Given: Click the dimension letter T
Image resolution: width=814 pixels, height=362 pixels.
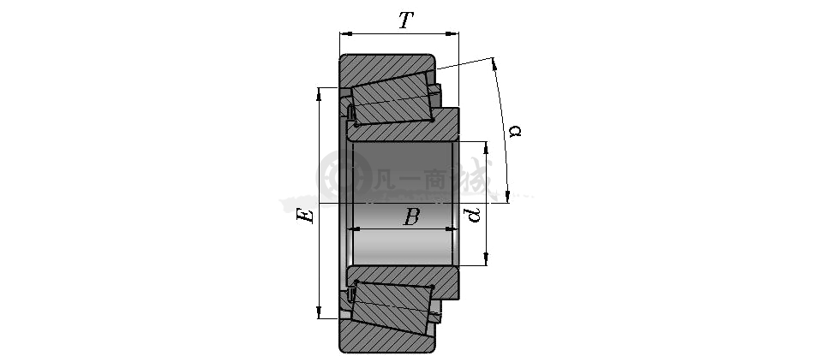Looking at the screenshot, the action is click(x=406, y=21).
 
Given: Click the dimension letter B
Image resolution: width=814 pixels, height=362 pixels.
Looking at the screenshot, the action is click(x=411, y=217).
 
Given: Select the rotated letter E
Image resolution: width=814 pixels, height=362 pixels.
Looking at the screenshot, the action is click(x=306, y=216).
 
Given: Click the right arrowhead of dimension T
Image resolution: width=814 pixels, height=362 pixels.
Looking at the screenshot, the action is click(x=452, y=33).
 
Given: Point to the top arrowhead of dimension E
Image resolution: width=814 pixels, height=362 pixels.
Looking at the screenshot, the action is click(x=320, y=94).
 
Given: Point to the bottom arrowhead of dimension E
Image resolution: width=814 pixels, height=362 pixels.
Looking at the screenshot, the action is click(x=320, y=312).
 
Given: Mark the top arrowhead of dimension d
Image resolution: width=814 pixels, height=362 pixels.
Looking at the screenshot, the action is click(x=486, y=148).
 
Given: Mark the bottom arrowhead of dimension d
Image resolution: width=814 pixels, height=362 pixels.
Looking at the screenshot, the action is click(x=486, y=258).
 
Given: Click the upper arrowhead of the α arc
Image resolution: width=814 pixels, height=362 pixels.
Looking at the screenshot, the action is click(x=494, y=64).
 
